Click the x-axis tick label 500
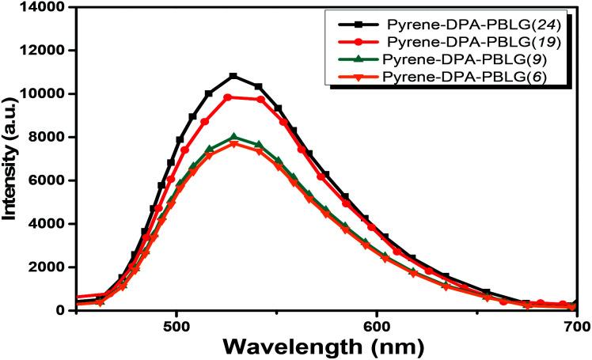[176, 324]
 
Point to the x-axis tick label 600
[377, 324]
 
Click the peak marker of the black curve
[233, 76]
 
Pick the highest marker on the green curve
[233, 138]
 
